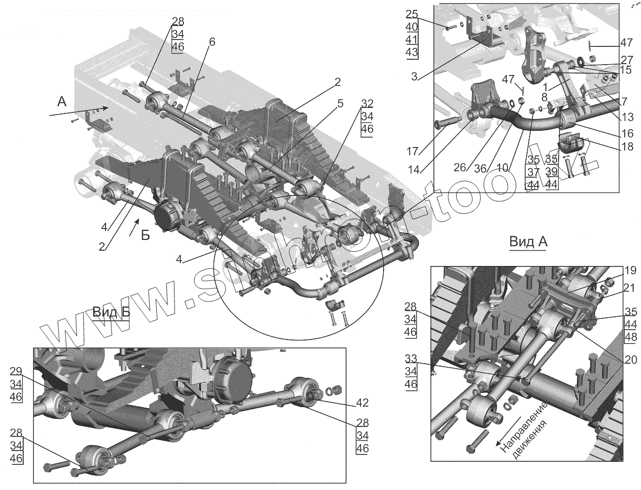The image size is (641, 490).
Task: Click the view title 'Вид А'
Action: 528,242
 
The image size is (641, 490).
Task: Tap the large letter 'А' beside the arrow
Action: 62,102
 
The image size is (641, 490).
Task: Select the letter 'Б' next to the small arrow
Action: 145,235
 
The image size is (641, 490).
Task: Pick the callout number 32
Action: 367,104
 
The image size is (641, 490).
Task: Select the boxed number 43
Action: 413,52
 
